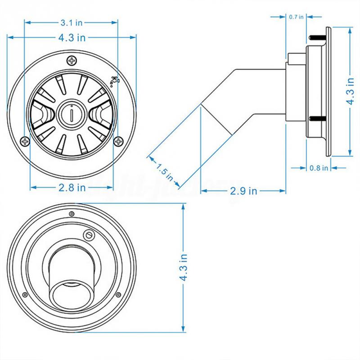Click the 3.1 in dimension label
point(71,22)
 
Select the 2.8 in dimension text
point(71,188)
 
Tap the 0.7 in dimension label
point(296,17)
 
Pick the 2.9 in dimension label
point(243,191)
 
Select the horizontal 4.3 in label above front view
point(71,38)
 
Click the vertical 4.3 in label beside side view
point(351,90)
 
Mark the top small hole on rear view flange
point(71,213)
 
